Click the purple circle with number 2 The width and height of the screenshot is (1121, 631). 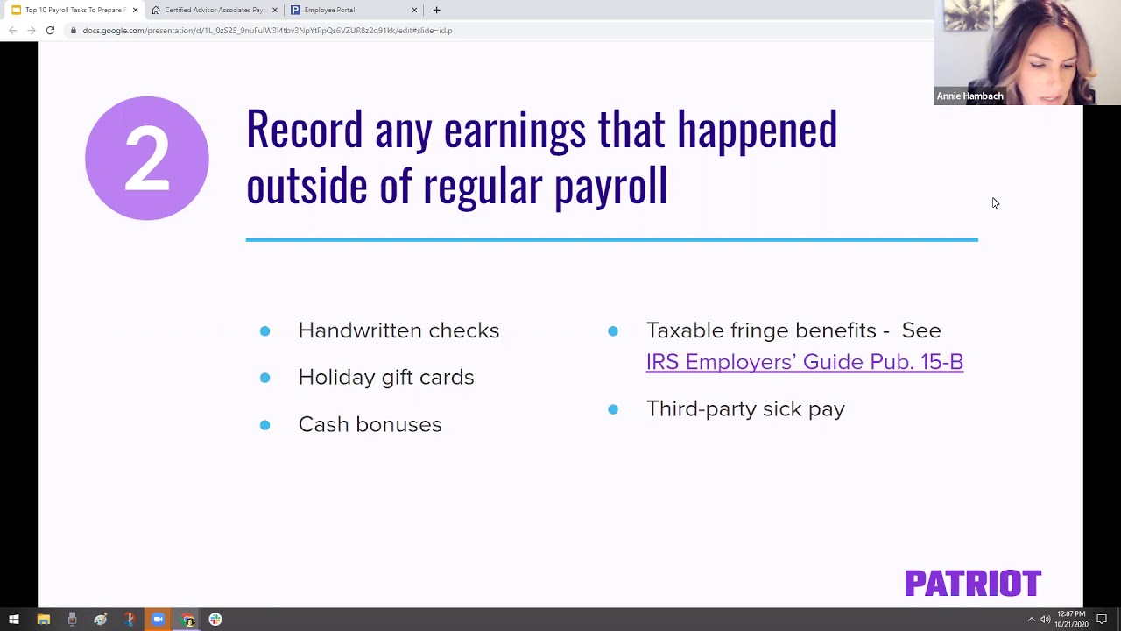click(x=147, y=158)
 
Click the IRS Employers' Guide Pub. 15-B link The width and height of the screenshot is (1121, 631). click(x=804, y=362)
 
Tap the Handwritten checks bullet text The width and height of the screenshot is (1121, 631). click(x=398, y=330)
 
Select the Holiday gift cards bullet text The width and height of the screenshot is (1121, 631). click(x=385, y=377)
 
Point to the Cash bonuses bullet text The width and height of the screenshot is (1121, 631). click(x=370, y=424)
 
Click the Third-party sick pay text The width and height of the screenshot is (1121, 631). click(x=745, y=409)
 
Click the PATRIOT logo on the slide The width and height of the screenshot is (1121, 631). click(x=972, y=583)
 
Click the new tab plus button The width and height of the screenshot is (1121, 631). click(x=436, y=10)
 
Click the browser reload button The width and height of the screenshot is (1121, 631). click(x=50, y=31)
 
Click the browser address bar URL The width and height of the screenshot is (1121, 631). click(x=267, y=31)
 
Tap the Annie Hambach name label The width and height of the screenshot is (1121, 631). click(x=969, y=96)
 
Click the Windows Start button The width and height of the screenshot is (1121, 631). click(x=14, y=620)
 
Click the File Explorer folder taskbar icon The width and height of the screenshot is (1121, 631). click(x=43, y=620)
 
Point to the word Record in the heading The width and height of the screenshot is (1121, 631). click(x=304, y=130)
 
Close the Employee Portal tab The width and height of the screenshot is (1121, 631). click(x=414, y=10)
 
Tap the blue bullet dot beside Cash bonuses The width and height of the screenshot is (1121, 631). click(x=264, y=425)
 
